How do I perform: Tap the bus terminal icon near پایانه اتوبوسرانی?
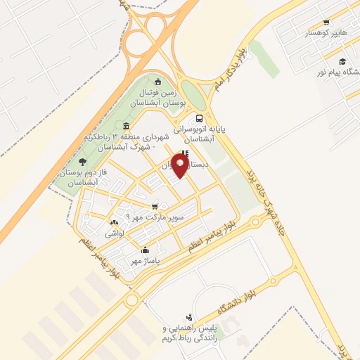point(200,118)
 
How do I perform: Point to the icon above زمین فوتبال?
point(157,81)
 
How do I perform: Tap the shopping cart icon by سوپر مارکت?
point(154,207)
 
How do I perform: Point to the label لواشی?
point(114,232)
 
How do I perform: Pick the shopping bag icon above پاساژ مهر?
point(146,250)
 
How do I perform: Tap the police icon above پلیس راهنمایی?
point(188,318)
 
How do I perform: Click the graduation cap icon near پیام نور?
point(342,61)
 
